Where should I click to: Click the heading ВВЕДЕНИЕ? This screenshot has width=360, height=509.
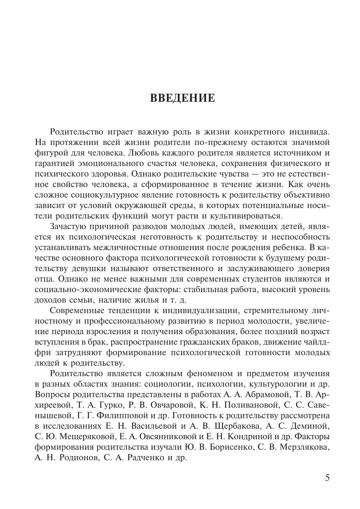182,98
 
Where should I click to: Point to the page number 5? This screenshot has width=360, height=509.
327,478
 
